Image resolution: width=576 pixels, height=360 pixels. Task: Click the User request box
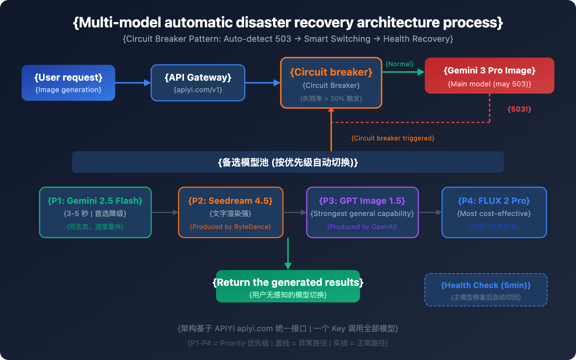point(68,83)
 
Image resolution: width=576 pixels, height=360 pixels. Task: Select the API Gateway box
point(198,83)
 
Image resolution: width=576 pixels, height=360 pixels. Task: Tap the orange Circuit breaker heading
point(331,72)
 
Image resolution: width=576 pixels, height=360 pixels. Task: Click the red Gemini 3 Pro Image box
point(490,76)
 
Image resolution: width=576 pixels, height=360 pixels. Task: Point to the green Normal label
point(400,64)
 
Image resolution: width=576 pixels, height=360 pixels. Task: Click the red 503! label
point(519,109)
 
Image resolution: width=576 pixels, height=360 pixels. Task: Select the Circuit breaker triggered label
point(393,138)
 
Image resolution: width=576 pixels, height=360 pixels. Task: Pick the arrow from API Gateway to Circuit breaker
point(262,83)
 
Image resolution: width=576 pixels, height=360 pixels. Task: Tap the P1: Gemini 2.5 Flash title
point(95,201)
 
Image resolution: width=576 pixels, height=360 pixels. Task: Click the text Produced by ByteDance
point(230,227)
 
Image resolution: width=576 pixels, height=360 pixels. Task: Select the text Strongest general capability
point(362,213)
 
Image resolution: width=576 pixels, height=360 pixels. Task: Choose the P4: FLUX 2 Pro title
point(494,201)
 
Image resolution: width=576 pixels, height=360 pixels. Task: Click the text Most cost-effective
point(494,213)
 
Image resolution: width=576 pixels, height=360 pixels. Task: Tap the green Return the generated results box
point(288,286)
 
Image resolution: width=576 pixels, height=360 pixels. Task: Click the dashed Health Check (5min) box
point(486,290)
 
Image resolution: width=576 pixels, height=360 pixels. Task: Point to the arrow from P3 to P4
point(430,212)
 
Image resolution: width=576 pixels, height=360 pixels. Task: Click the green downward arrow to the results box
point(288,254)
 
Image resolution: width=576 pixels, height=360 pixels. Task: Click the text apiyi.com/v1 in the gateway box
point(198,90)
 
